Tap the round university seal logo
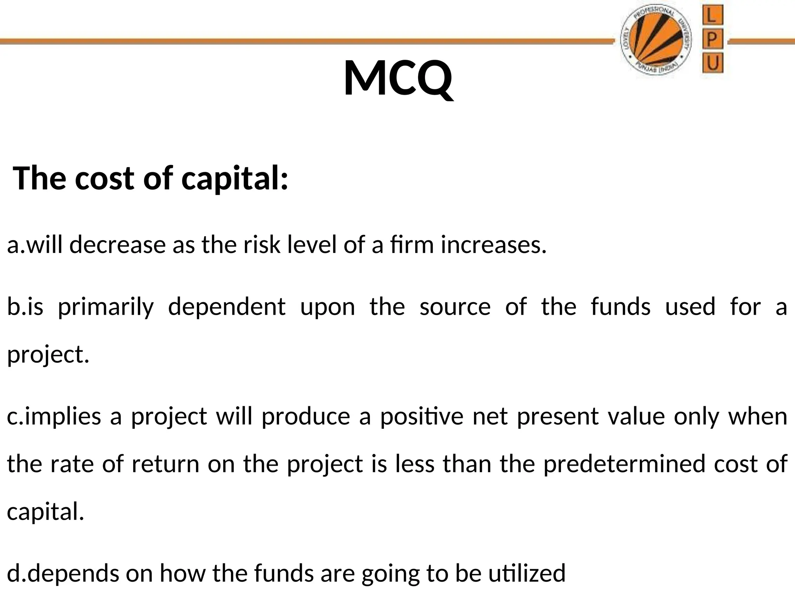pos(656,41)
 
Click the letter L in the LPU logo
pos(713,17)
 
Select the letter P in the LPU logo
pos(713,40)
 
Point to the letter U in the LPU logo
pos(713,63)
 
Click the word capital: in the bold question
pos(235,179)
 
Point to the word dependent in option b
pos(227,307)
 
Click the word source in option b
pos(455,307)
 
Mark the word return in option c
pos(165,464)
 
